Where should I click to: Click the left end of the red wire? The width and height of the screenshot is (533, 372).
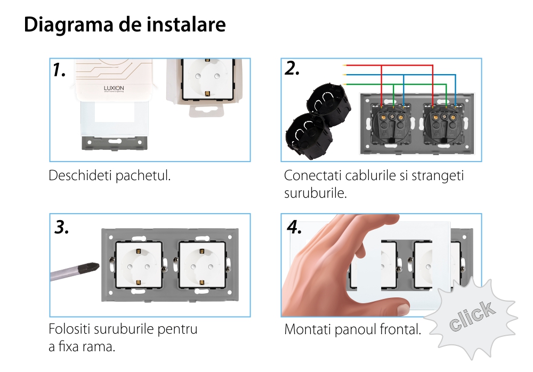pos(343,65)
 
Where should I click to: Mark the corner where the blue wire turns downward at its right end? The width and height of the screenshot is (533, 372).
pos(456,75)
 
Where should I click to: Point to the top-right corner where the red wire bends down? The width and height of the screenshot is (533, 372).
pos(432,65)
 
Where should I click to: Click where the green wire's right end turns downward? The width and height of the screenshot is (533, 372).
pos(446,84)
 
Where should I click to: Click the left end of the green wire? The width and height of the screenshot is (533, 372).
pos(343,84)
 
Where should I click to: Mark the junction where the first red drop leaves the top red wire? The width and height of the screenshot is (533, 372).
pos(382,65)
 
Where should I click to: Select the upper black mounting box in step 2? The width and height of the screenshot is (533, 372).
pos(329,103)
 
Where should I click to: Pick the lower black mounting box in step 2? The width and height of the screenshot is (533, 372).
pos(309,136)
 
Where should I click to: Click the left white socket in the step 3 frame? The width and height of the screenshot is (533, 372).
pos(139,264)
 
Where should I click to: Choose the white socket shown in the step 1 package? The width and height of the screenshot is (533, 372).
pos(208,79)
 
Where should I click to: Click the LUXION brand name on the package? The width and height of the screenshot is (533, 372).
pos(114,88)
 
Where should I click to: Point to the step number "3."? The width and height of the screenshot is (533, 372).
pos(61,227)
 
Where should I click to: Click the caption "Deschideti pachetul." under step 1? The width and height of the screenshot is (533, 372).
pos(109,176)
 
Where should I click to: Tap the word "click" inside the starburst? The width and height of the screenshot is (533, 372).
pos(472,316)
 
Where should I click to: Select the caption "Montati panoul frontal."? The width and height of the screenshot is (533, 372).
pos(352,329)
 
